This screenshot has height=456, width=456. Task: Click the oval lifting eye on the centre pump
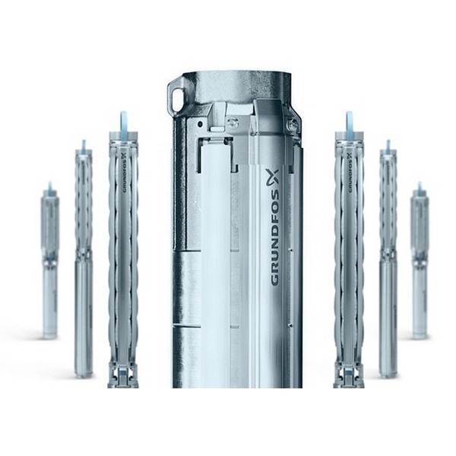pos(176,97)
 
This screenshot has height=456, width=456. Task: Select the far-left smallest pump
pos(50,261)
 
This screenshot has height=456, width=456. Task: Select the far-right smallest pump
pos(420,261)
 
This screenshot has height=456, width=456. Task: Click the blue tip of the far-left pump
pos(50,185)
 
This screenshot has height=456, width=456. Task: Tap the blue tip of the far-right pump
pos(420,186)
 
